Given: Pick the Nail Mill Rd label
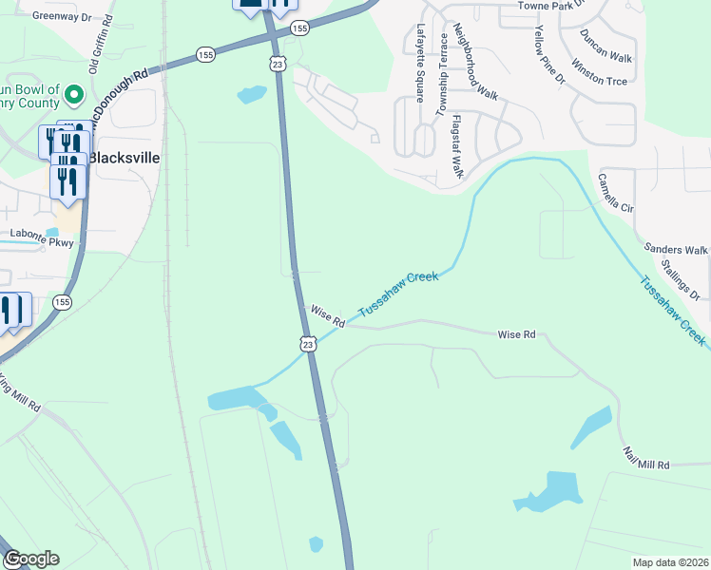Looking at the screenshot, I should (646, 457).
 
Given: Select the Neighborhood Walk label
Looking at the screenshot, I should (475, 62).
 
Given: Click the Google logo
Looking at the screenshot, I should (31, 559).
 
